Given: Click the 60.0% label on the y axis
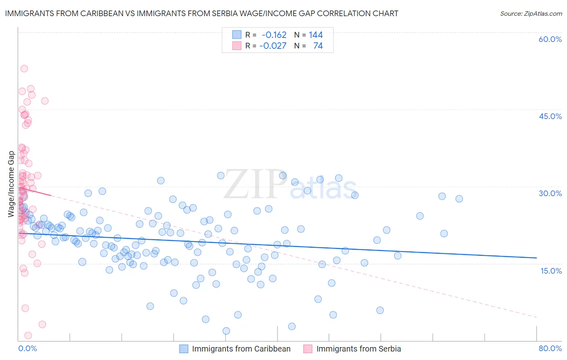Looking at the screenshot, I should (550, 39).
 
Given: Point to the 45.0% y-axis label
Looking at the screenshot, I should (550, 116).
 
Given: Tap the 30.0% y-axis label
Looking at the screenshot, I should (550, 193).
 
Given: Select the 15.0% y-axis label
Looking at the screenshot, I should (551, 270).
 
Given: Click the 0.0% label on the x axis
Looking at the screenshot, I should (27, 348).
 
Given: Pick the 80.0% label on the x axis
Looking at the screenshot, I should (550, 348).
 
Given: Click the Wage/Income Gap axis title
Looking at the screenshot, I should (11, 184).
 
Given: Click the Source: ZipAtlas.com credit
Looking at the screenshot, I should (531, 13).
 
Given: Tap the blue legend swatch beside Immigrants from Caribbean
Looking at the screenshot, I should (184, 349).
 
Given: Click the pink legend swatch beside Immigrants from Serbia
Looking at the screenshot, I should (308, 349).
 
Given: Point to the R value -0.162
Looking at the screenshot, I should (274, 35).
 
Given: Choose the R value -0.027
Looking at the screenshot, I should (273, 46).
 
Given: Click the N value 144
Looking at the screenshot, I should (316, 35).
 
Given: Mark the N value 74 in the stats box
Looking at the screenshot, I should (318, 46).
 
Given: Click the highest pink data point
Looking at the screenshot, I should (24, 69).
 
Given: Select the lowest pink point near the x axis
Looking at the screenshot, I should (28, 335).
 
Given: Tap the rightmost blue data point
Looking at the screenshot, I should (459, 199).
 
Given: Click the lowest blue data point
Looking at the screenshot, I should (226, 331).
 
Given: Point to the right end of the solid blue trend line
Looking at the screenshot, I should (536, 257).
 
